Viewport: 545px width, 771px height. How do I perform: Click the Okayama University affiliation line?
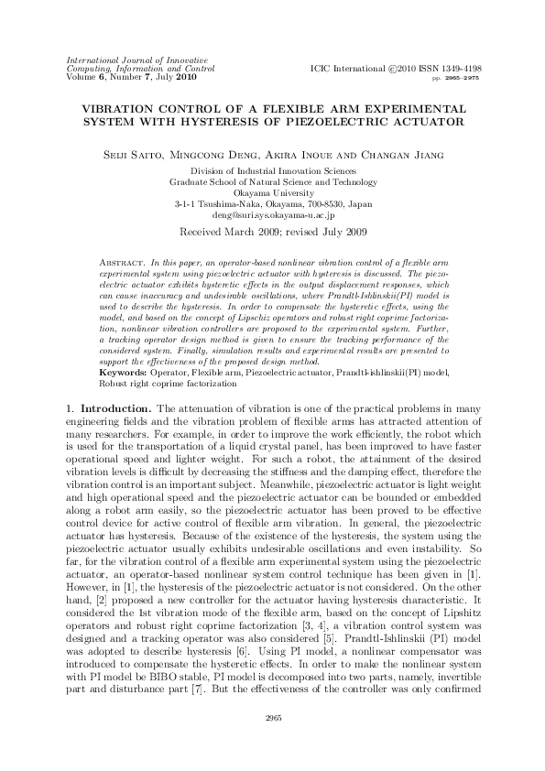click(273, 193)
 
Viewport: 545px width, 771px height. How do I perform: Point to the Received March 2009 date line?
click(272, 233)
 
